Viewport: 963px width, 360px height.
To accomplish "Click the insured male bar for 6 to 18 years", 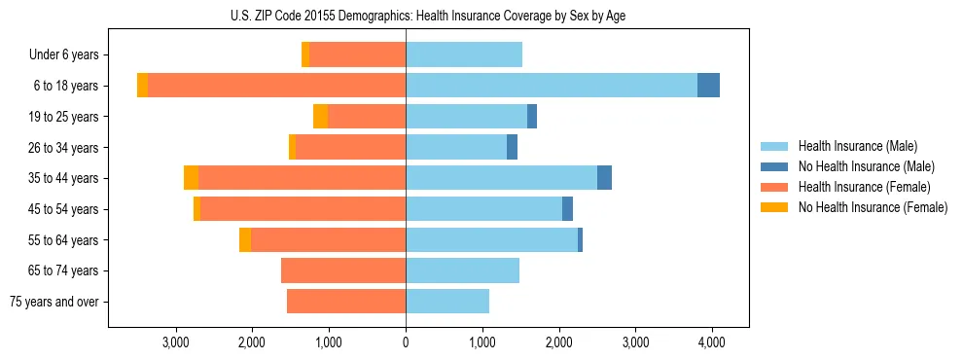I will (x=551, y=86).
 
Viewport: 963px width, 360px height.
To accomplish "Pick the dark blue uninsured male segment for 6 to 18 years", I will (x=708, y=86).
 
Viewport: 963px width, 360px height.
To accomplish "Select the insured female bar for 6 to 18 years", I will (x=276, y=86).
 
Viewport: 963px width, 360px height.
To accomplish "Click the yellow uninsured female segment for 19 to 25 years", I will (x=320, y=117).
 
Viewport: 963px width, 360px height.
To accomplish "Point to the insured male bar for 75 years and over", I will (x=447, y=302).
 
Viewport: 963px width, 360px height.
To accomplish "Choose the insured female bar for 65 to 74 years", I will (x=343, y=270).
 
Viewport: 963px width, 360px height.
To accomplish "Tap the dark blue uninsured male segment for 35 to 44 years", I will (x=604, y=178).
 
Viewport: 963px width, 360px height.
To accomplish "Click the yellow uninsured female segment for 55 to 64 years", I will (x=245, y=240).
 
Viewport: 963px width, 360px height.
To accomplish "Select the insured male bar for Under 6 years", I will (x=464, y=55).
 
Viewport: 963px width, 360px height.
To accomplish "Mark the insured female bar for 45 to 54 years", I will (x=303, y=209).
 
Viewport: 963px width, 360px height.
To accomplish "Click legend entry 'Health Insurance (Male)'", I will (x=857, y=146).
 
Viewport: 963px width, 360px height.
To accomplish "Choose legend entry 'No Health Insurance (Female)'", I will (x=872, y=207).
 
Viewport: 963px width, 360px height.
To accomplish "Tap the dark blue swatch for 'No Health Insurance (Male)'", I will (x=775, y=166).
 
